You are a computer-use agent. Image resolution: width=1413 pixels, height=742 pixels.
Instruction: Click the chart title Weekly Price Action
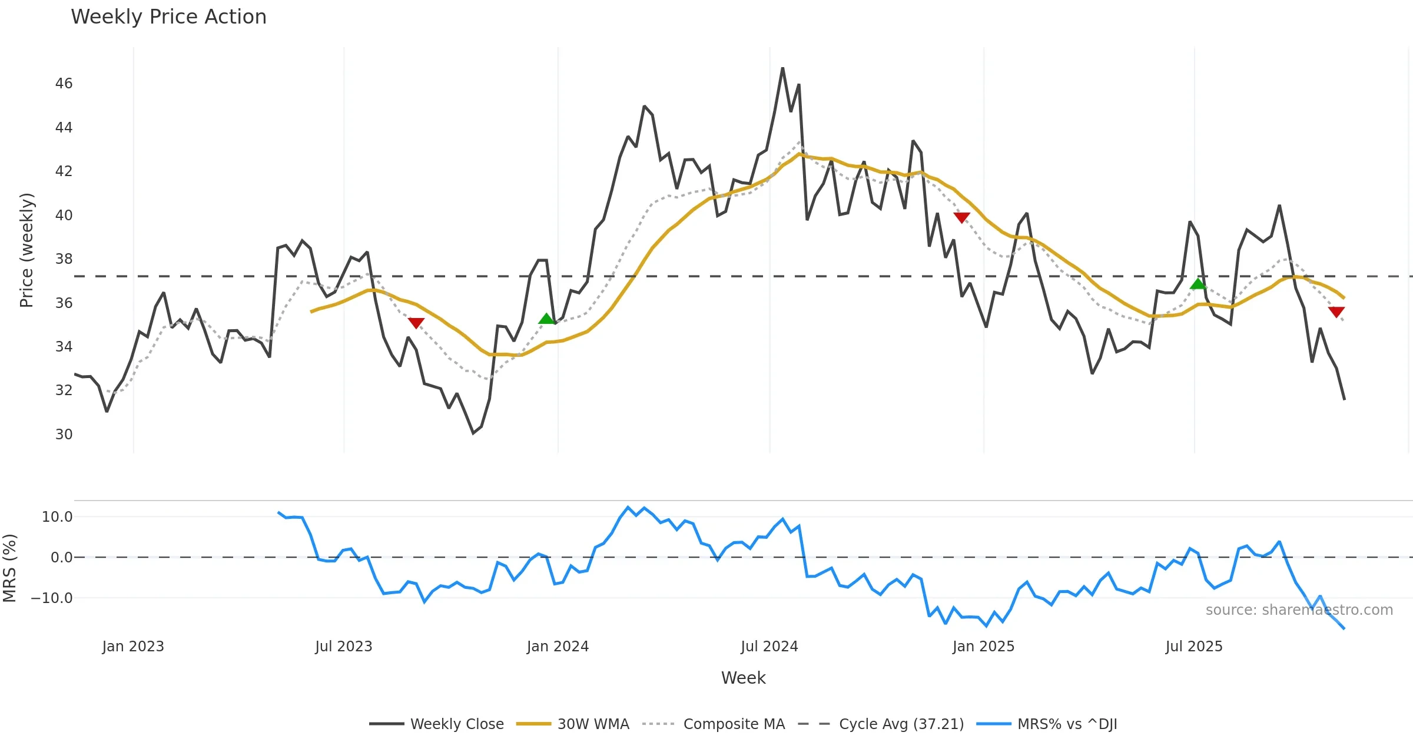click(168, 17)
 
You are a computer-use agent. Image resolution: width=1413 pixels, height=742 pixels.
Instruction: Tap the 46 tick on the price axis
click(64, 84)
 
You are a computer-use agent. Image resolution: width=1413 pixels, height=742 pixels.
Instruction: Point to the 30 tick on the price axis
click(64, 435)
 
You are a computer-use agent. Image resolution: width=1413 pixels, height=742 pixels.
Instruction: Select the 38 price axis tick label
click(64, 259)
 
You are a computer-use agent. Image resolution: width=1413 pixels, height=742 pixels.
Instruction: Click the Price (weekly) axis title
click(26, 250)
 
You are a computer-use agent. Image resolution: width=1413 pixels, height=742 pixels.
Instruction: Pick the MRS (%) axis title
click(9, 568)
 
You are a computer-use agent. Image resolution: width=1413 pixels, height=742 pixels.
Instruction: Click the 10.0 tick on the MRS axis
click(57, 517)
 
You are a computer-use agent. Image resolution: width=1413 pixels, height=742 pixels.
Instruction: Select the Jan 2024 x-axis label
click(558, 647)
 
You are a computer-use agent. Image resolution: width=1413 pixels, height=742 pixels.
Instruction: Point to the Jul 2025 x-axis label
click(1194, 647)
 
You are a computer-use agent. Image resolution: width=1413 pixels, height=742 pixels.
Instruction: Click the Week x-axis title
click(743, 678)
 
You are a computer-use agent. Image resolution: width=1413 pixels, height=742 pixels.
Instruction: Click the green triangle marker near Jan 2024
click(546, 319)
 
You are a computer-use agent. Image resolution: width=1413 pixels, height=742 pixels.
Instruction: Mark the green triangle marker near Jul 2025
click(1198, 284)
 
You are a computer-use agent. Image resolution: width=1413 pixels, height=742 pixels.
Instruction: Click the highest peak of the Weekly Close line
click(782, 68)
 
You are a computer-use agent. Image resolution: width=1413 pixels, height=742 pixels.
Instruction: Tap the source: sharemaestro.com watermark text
click(1299, 610)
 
